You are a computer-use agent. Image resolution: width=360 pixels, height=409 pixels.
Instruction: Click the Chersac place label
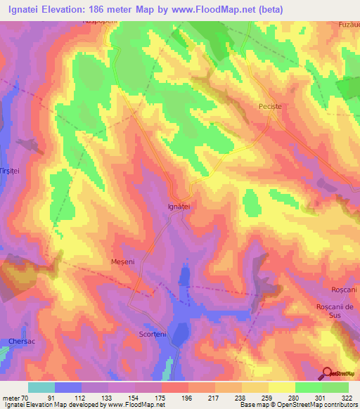[22, 342]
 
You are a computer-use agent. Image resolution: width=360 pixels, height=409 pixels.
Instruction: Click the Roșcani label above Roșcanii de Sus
[345, 291]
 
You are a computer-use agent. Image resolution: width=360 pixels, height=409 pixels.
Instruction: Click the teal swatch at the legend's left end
[41, 387]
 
